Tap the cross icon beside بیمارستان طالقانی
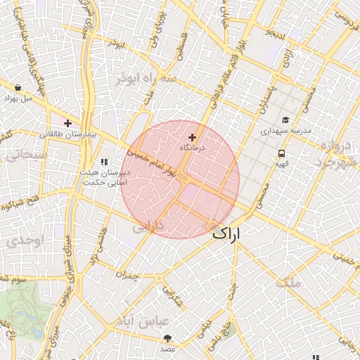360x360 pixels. point(67,123)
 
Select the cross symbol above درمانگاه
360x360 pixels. point(192,137)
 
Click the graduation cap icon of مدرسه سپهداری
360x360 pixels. point(285,120)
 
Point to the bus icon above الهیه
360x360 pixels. point(281,153)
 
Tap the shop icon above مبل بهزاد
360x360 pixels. point(17,87)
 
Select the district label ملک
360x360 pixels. point(288,283)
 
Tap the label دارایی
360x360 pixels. point(148,226)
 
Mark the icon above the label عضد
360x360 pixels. point(167,338)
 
